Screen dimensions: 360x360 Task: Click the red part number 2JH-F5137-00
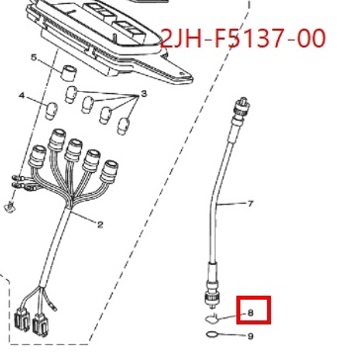[243, 40]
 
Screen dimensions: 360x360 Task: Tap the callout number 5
[35, 58]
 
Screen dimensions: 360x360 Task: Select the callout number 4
[22, 96]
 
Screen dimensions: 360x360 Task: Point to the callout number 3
[143, 94]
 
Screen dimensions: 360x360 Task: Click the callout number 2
[100, 225]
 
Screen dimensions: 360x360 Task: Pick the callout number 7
[250, 204]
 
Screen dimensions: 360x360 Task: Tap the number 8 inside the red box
[250, 313]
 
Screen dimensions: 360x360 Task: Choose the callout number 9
[250, 336]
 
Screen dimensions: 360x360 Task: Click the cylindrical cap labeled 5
[68, 72]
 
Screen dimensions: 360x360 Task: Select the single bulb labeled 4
[51, 111]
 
